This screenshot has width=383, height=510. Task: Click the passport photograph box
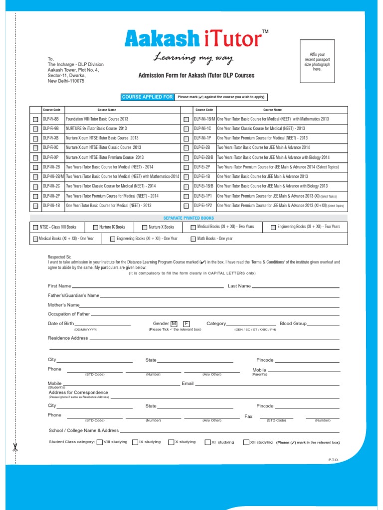(321, 62)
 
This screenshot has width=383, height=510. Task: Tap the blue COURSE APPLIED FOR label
(148, 97)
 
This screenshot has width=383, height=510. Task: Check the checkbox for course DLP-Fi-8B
(35, 120)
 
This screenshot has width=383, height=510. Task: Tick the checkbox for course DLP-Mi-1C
(186, 129)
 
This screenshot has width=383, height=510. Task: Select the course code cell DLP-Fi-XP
(51, 157)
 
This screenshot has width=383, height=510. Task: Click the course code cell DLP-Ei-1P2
(203, 205)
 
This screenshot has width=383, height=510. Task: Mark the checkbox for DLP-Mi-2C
(35, 187)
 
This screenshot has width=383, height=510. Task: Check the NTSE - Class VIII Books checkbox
(35, 227)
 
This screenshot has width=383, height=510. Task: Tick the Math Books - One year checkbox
(193, 239)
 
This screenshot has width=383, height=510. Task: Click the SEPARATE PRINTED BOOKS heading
(189, 218)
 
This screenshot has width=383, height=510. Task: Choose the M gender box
(174, 324)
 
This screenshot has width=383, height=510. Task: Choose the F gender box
(186, 324)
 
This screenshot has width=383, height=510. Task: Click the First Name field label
(59, 286)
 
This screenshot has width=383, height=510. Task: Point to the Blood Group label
(293, 324)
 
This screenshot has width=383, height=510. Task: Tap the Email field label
(188, 383)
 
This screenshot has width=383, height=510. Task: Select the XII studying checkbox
(246, 442)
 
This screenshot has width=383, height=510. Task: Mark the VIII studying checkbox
(100, 442)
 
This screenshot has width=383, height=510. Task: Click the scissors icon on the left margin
(15, 446)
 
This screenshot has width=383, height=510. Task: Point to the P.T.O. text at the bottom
(334, 459)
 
